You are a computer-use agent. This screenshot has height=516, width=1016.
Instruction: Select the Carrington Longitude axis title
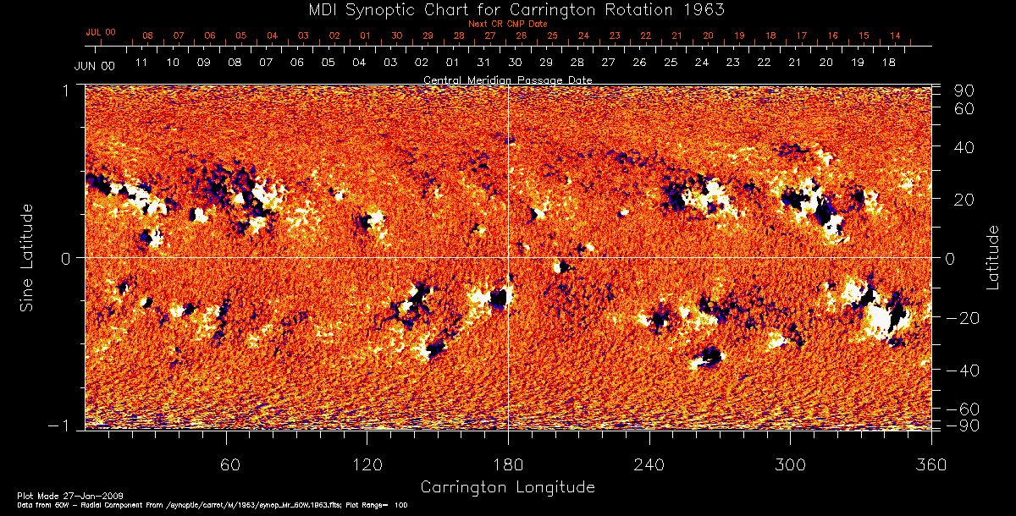(507, 487)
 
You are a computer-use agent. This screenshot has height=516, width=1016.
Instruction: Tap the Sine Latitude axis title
(28, 257)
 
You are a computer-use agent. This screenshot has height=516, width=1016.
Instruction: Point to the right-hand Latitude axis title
(992, 257)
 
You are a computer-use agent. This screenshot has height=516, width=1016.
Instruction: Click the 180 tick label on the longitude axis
(508, 464)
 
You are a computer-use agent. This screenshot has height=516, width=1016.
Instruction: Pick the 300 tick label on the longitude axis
(790, 464)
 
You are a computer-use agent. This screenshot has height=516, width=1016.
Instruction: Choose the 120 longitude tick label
(367, 464)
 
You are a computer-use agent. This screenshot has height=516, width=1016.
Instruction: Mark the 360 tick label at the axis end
(931, 464)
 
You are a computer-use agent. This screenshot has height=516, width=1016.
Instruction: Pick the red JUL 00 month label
(101, 32)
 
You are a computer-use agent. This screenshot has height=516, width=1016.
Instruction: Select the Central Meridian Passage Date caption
(507, 80)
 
